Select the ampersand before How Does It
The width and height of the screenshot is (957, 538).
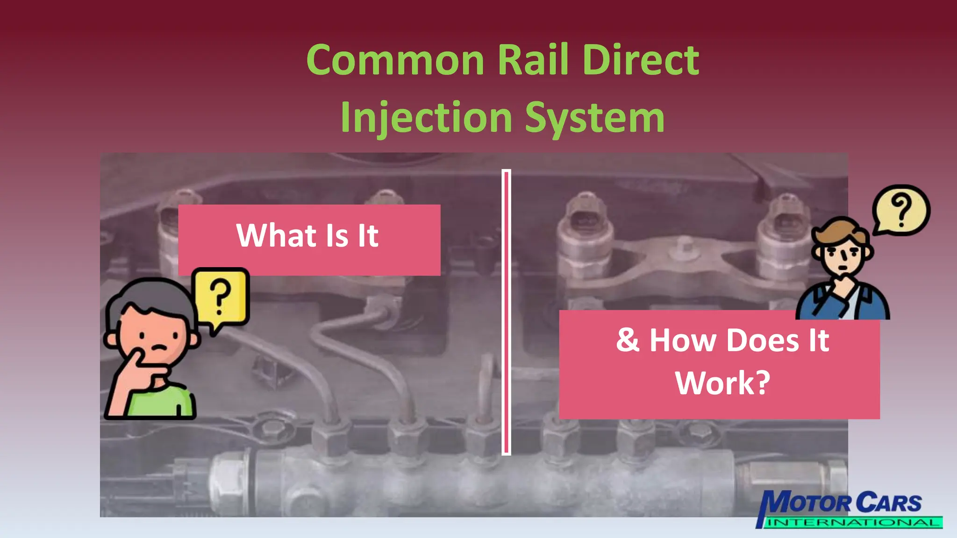point(627,340)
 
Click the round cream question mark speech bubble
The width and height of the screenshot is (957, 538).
point(901,210)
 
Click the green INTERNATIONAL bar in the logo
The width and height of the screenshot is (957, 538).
point(853,523)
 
